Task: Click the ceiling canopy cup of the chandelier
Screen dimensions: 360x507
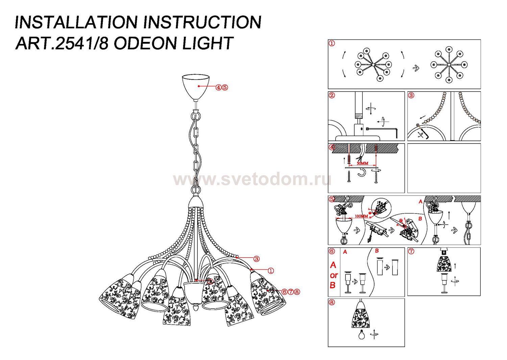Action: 196,86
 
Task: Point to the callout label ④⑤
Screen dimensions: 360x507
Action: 222,87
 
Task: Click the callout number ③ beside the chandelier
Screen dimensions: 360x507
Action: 257,259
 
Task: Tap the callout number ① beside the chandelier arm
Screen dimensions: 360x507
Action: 270,271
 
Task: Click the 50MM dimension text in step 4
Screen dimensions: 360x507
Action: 362,163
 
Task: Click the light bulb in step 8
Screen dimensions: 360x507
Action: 362,335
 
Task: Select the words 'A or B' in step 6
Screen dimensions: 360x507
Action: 334,275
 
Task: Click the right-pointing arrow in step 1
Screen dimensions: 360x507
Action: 416,68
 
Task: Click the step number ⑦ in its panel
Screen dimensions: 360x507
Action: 411,251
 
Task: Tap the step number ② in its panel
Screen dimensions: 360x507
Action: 332,95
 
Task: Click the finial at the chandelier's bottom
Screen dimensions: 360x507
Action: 196,308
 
